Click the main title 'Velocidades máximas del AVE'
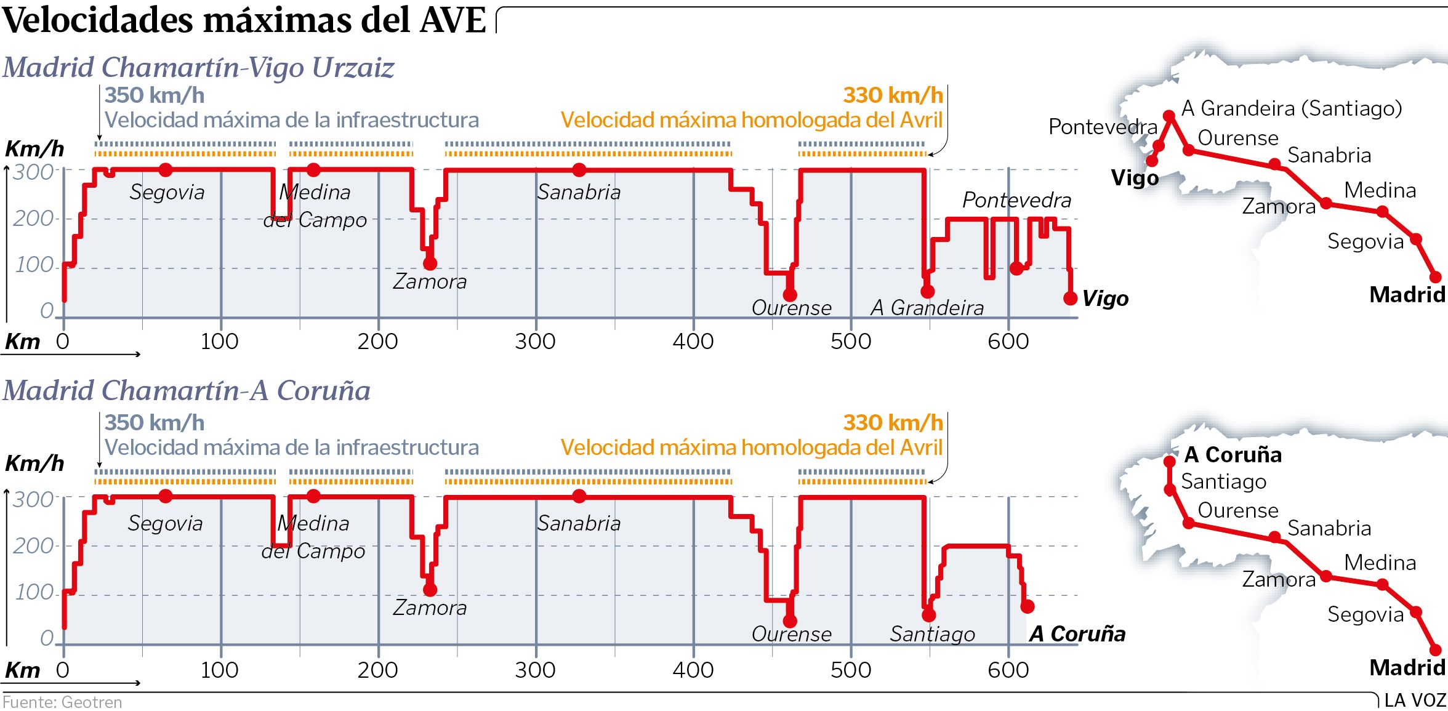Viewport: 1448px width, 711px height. click(x=244, y=20)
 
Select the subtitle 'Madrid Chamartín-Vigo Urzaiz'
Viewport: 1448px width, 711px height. click(x=198, y=67)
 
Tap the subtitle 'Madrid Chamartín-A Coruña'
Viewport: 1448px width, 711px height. click(x=187, y=390)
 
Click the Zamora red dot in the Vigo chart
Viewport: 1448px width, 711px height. click(x=430, y=263)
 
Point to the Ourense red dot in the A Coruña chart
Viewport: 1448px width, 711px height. click(x=790, y=621)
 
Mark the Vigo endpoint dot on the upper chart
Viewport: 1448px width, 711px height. click(x=1071, y=299)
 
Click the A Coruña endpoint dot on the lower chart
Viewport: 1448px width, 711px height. click(x=1027, y=607)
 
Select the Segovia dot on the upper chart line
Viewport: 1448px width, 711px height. click(x=165, y=170)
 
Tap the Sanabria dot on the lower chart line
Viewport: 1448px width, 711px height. click(x=579, y=496)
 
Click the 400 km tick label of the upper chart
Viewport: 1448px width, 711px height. click(x=693, y=341)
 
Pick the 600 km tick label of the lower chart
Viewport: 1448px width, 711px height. click(x=1008, y=670)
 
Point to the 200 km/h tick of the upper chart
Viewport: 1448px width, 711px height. click(x=33, y=219)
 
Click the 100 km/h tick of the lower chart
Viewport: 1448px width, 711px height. click(x=34, y=592)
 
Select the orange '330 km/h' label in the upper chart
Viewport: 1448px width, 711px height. click(x=893, y=95)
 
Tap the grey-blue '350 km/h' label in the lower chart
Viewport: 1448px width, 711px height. click(x=155, y=423)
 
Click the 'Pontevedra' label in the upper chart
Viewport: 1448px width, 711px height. click(x=1016, y=200)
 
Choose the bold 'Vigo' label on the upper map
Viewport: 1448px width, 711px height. click(x=1134, y=178)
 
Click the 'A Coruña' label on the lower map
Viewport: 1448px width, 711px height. click(x=1233, y=455)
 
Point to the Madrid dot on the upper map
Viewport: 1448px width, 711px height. click(x=1435, y=277)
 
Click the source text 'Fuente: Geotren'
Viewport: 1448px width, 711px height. click(x=62, y=702)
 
